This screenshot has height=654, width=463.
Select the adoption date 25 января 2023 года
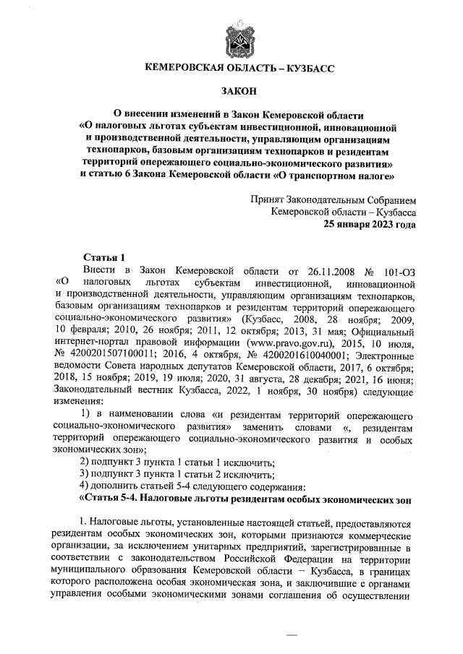point(370,224)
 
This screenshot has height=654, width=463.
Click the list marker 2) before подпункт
point(85,462)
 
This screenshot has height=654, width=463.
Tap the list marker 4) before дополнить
point(85,486)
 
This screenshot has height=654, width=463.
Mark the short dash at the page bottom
point(292,634)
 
